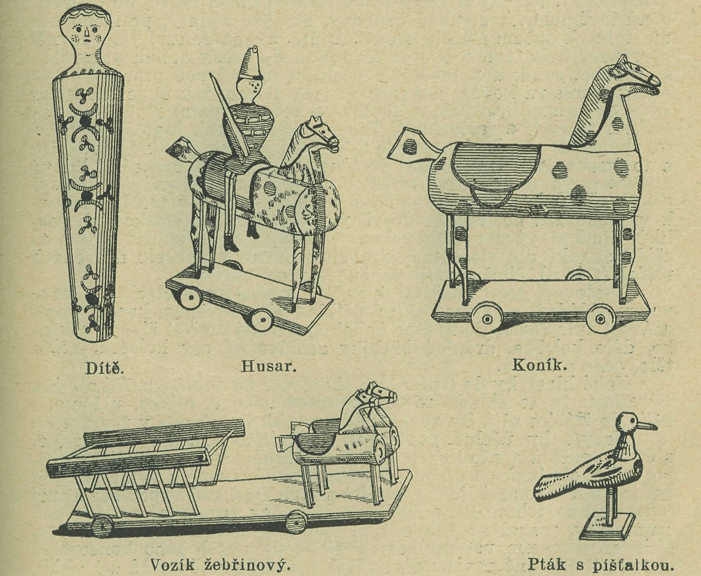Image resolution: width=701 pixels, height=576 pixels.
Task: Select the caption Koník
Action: [x=539, y=365]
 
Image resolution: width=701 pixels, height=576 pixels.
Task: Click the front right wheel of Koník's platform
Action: [x=599, y=317]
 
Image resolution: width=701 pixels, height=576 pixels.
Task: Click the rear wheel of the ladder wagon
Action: [x=103, y=527]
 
